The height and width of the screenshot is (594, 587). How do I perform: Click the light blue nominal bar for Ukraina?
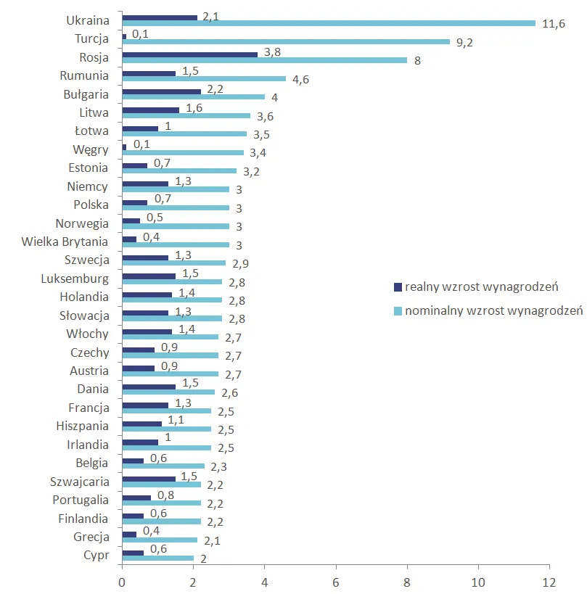pyautogui.click(x=328, y=23)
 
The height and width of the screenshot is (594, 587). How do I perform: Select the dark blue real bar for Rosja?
pyautogui.click(x=189, y=54)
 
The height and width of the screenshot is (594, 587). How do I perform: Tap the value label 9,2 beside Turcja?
pyautogui.click(x=463, y=42)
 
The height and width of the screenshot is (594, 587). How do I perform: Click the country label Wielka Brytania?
pyautogui.click(x=65, y=242)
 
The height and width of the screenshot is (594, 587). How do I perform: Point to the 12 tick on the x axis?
pyautogui.click(x=549, y=582)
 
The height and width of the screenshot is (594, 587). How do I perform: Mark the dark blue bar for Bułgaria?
pyautogui.click(x=161, y=91)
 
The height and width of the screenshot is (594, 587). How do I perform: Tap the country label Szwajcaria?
pyautogui.click(x=79, y=481)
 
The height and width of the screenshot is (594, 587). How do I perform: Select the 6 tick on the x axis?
pyautogui.click(x=336, y=582)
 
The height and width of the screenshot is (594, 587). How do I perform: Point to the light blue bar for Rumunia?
pyautogui.click(x=204, y=79)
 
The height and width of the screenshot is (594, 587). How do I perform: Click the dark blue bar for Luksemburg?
pyautogui.click(x=149, y=276)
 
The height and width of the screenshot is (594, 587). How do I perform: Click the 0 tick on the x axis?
pyautogui.click(x=122, y=582)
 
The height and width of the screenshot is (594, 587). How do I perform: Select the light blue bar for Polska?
pyautogui.click(x=175, y=208)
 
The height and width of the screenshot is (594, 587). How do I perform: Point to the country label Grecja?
pyautogui.click(x=91, y=537)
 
